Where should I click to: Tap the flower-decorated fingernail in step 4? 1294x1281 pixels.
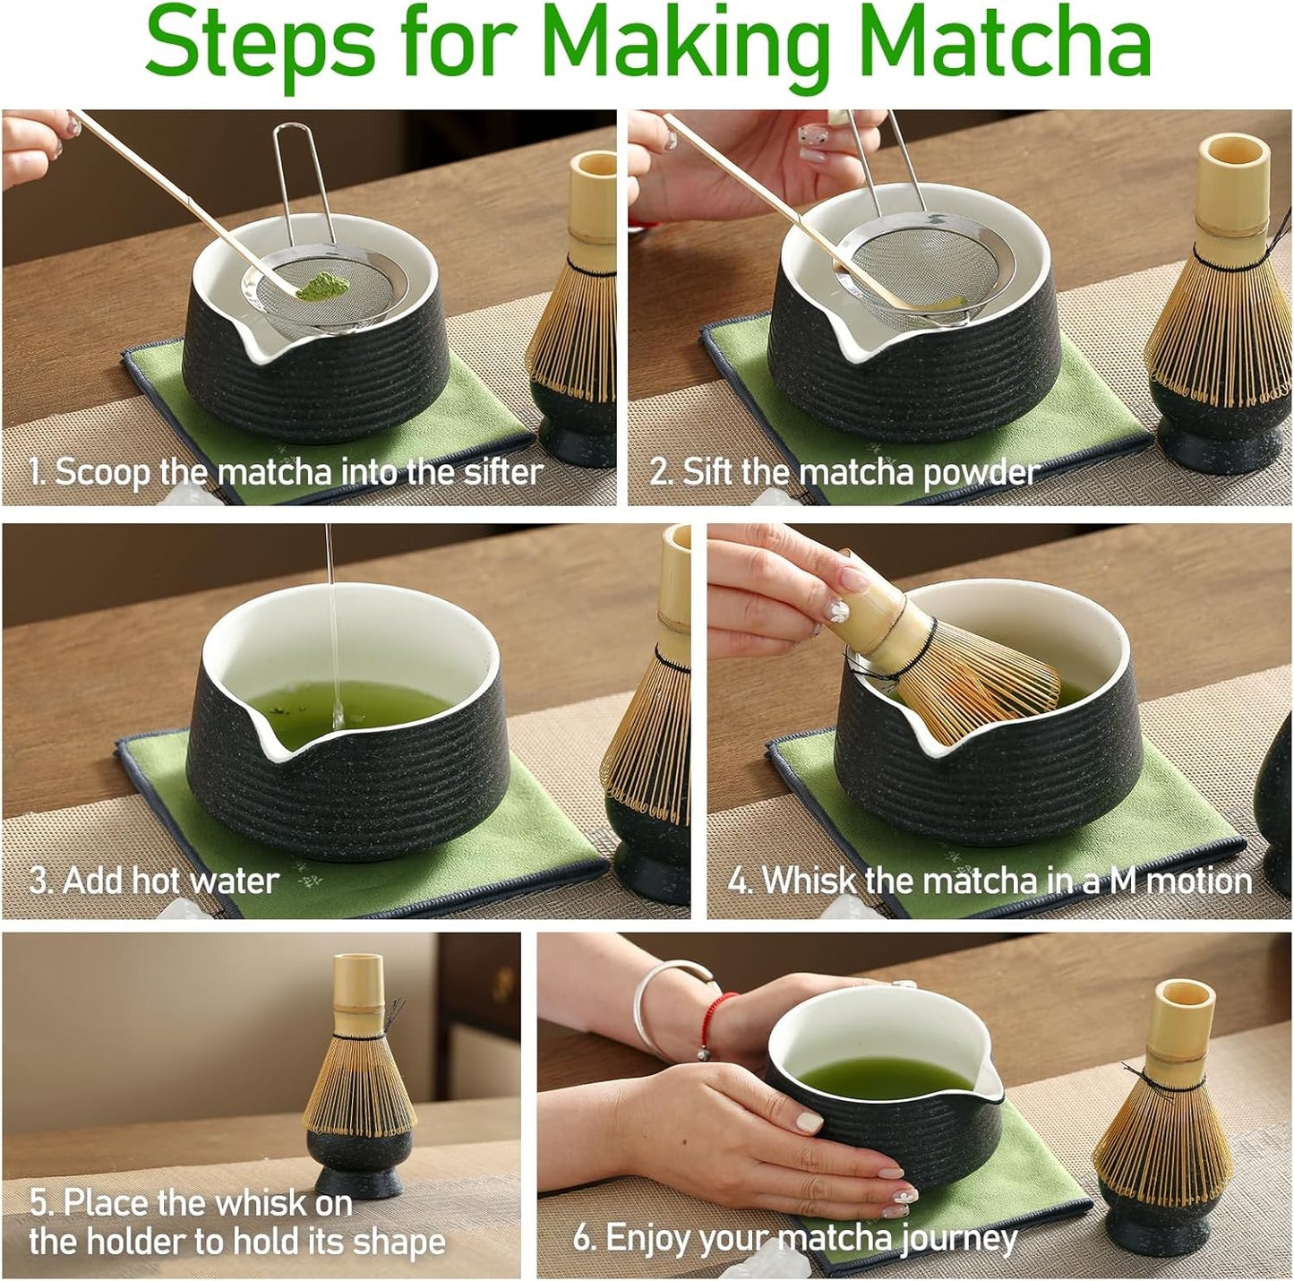pos(838,611)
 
